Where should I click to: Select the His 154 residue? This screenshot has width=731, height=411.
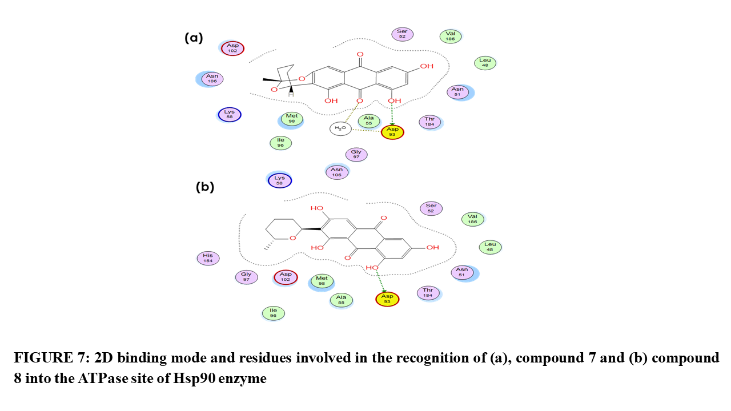(x=208, y=258)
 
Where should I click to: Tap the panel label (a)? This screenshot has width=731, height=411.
(x=194, y=38)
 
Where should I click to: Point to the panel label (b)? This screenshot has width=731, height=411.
(x=205, y=187)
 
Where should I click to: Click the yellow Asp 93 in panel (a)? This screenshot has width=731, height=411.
(x=392, y=132)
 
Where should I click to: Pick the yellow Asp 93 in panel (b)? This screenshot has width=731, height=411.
(x=387, y=299)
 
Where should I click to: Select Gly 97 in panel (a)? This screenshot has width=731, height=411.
(x=356, y=154)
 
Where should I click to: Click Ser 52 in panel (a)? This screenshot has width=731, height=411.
(x=403, y=34)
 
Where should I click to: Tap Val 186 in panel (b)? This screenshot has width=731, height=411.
(x=472, y=219)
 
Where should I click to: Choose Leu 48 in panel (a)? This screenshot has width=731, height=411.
(x=485, y=63)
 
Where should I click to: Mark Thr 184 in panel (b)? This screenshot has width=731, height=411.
(x=428, y=293)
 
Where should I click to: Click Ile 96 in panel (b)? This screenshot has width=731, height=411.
(x=274, y=313)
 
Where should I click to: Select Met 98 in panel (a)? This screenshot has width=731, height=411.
(x=292, y=119)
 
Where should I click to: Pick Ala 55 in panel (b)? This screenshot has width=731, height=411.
(x=341, y=300)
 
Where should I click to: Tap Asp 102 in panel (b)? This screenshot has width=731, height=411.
(x=286, y=277)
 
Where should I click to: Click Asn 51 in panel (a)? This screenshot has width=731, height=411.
(x=457, y=92)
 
